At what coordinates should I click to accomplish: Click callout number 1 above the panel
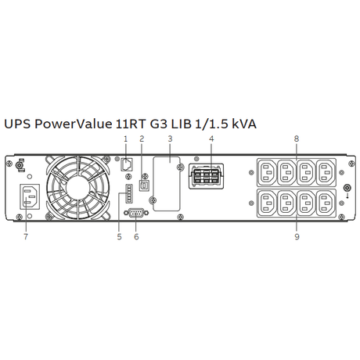[x=126, y=139]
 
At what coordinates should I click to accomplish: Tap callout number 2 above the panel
[x=142, y=139]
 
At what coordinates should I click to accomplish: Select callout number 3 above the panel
[x=170, y=139]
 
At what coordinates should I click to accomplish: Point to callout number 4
[x=211, y=139]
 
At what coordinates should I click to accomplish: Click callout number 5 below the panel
[x=119, y=236]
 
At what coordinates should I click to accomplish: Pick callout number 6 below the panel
[x=136, y=236]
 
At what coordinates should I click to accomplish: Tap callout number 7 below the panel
[x=26, y=236]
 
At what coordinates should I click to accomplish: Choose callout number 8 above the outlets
[x=297, y=139]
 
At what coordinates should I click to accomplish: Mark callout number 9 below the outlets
[x=297, y=236]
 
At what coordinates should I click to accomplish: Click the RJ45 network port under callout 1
[x=127, y=164]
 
